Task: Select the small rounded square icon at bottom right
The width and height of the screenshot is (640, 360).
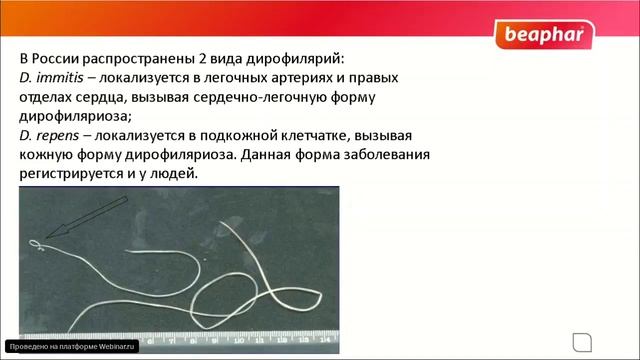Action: point(578,337)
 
